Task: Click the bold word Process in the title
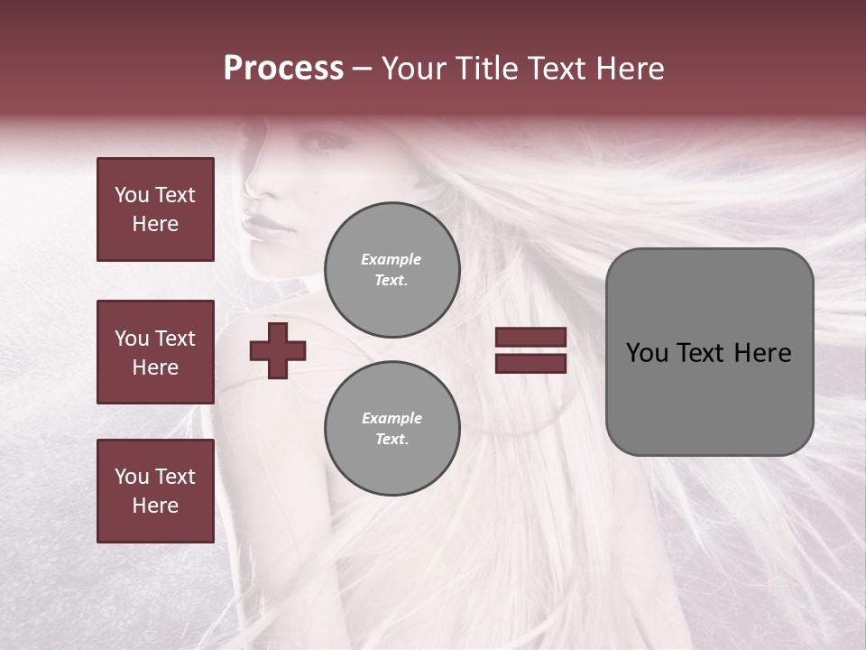click(x=283, y=69)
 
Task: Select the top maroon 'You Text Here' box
click(x=155, y=209)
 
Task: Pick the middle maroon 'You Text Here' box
click(x=155, y=352)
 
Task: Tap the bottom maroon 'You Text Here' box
click(x=155, y=491)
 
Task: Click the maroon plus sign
click(x=278, y=350)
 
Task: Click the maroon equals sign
click(x=530, y=350)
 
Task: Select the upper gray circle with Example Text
click(x=392, y=270)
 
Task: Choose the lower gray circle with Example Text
click(x=392, y=429)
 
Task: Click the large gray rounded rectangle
click(x=709, y=352)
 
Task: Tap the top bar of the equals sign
click(x=530, y=338)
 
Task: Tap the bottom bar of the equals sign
click(x=530, y=363)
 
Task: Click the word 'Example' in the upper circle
click(x=392, y=259)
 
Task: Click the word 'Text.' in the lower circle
click(x=392, y=440)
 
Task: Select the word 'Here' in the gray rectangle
click(x=763, y=353)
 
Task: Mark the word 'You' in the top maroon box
click(x=132, y=195)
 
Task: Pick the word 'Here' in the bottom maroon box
click(x=155, y=506)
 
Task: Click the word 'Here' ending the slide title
click(x=631, y=69)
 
